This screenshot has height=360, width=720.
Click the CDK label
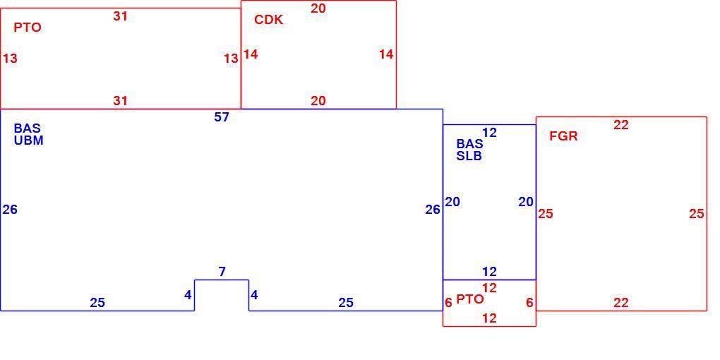[269, 20]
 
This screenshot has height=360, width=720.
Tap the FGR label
[563, 136]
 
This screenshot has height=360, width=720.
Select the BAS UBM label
[28, 135]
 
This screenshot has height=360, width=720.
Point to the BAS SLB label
[469, 150]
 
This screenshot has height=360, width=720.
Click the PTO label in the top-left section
[28, 28]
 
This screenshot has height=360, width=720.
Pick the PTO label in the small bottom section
[469, 299]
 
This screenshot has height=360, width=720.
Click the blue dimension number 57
[222, 118]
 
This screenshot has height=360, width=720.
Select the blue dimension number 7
[222, 272]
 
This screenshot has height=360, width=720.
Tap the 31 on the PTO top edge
[120, 16]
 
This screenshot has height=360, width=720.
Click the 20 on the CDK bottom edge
[318, 101]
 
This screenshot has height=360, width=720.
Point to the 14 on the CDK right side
[386, 54]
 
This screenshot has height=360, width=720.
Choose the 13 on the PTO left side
[10, 59]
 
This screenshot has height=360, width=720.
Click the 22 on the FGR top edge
[620, 125]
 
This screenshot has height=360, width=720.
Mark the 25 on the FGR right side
[697, 214]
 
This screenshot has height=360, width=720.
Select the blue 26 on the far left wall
[10, 210]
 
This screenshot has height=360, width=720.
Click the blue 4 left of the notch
[188, 295]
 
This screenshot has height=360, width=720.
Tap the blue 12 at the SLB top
[490, 133]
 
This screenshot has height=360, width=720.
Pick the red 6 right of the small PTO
[530, 303]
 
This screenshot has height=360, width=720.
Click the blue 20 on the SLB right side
[526, 202]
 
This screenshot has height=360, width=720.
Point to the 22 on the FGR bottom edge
[620, 303]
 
